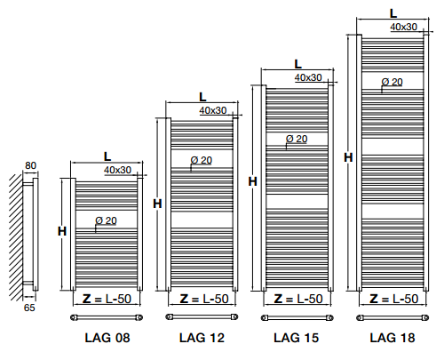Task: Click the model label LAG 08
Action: [107, 338]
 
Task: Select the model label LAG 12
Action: [202, 338]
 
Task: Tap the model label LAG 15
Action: [297, 338]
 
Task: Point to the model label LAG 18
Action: [392, 338]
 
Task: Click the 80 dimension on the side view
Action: [30, 165]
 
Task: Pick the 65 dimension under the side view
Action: [29, 308]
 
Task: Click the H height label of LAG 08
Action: [62, 231]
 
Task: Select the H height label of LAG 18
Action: [348, 157]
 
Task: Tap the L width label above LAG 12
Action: [202, 97]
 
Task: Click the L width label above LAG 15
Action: [297, 64]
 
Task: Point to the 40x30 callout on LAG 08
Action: [117, 170]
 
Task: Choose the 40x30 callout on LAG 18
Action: [404, 27]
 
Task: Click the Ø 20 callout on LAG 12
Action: [202, 160]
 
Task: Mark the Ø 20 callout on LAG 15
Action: [297, 139]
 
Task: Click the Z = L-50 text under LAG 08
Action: [107, 299]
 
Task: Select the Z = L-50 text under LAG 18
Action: [394, 299]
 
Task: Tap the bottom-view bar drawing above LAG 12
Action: [202, 317]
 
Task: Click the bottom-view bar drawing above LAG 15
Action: [297, 318]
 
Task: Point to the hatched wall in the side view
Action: [16, 237]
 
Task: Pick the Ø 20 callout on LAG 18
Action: [392, 82]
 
